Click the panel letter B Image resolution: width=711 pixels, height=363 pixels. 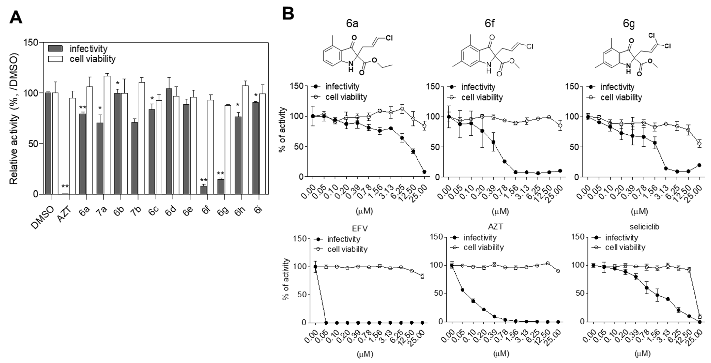pos(288,14)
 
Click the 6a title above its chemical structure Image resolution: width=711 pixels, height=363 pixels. pos(352,24)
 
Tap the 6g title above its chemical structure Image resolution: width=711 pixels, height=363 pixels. pos(629,24)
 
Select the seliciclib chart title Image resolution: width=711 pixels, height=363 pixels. pos(644,227)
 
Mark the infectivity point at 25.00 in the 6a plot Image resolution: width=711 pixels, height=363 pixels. pos(424,172)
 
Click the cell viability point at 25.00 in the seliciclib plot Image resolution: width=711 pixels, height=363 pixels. pos(700,317)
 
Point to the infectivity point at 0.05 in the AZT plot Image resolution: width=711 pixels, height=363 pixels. pos(462,290)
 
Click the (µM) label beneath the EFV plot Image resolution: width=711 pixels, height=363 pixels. pos(365,354)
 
